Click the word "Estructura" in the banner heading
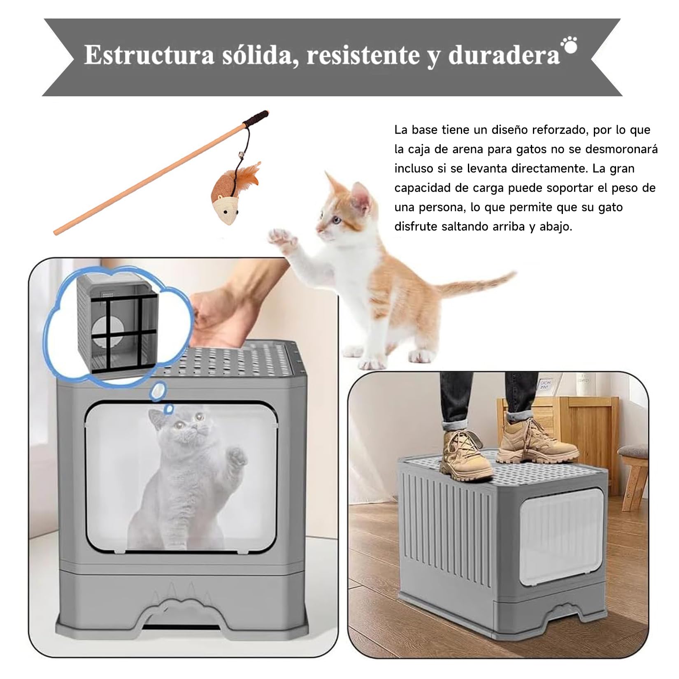point(149,55)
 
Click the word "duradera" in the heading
point(504,55)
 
